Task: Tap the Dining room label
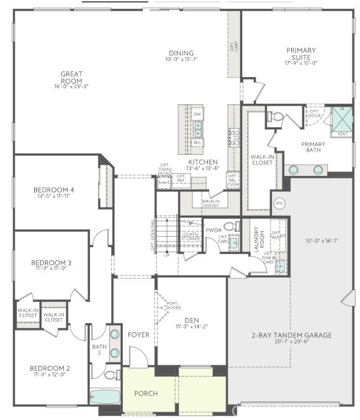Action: click(x=181, y=53)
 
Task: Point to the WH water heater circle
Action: click(x=279, y=203)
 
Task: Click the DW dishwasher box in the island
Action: click(x=197, y=114)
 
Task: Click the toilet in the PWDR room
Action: click(x=230, y=226)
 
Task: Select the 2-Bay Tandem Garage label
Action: click(x=292, y=335)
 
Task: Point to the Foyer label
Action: click(x=138, y=334)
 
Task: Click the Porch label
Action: click(x=146, y=393)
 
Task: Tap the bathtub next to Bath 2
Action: click(x=104, y=396)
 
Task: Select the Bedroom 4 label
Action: click(x=55, y=190)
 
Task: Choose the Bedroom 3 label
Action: click(x=51, y=264)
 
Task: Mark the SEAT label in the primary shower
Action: click(x=343, y=134)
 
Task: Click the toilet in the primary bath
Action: click(x=276, y=116)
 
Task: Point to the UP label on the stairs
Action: click(x=166, y=255)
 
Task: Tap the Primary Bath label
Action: click(x=313, y=147)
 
